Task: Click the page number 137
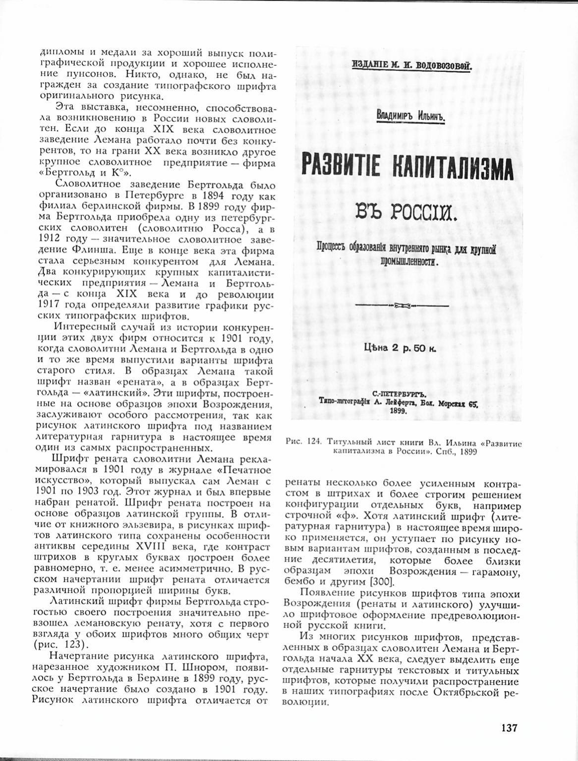509,728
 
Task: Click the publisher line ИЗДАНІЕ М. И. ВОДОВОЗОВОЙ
411,65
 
